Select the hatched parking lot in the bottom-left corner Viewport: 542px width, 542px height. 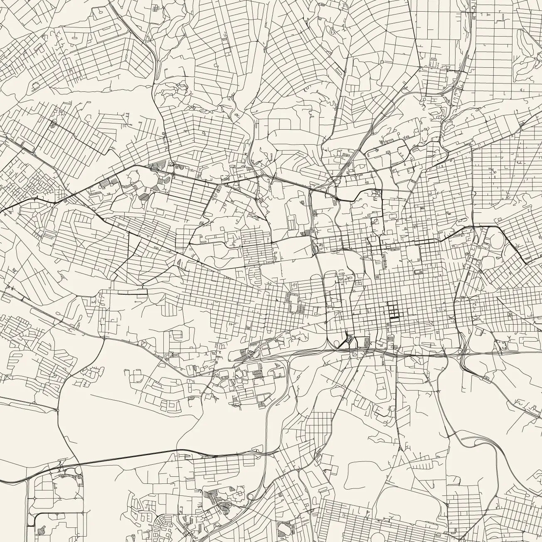coord(41,530)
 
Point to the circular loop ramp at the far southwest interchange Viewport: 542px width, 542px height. coord(77,471)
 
